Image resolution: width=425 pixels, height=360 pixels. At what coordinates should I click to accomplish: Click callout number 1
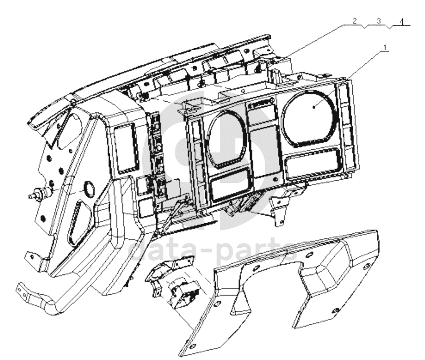[385, 47]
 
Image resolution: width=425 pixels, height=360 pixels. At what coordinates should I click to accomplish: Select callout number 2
[354, 21]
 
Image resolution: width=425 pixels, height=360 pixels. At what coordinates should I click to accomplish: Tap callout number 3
[379, 21]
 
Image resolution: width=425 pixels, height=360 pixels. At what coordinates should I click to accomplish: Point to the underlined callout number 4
[402, 22]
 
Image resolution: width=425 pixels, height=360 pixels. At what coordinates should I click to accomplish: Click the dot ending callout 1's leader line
[314, 108]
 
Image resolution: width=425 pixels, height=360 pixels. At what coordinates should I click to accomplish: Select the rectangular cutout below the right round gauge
[313, 164]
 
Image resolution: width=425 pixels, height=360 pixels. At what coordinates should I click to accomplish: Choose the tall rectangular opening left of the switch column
[125, 148]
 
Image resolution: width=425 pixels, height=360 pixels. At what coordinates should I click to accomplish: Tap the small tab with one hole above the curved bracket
[34, 258]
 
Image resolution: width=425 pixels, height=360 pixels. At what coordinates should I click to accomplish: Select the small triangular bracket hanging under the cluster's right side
[279, 208]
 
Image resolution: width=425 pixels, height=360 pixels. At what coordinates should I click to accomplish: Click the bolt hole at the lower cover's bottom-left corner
[192, 347]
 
